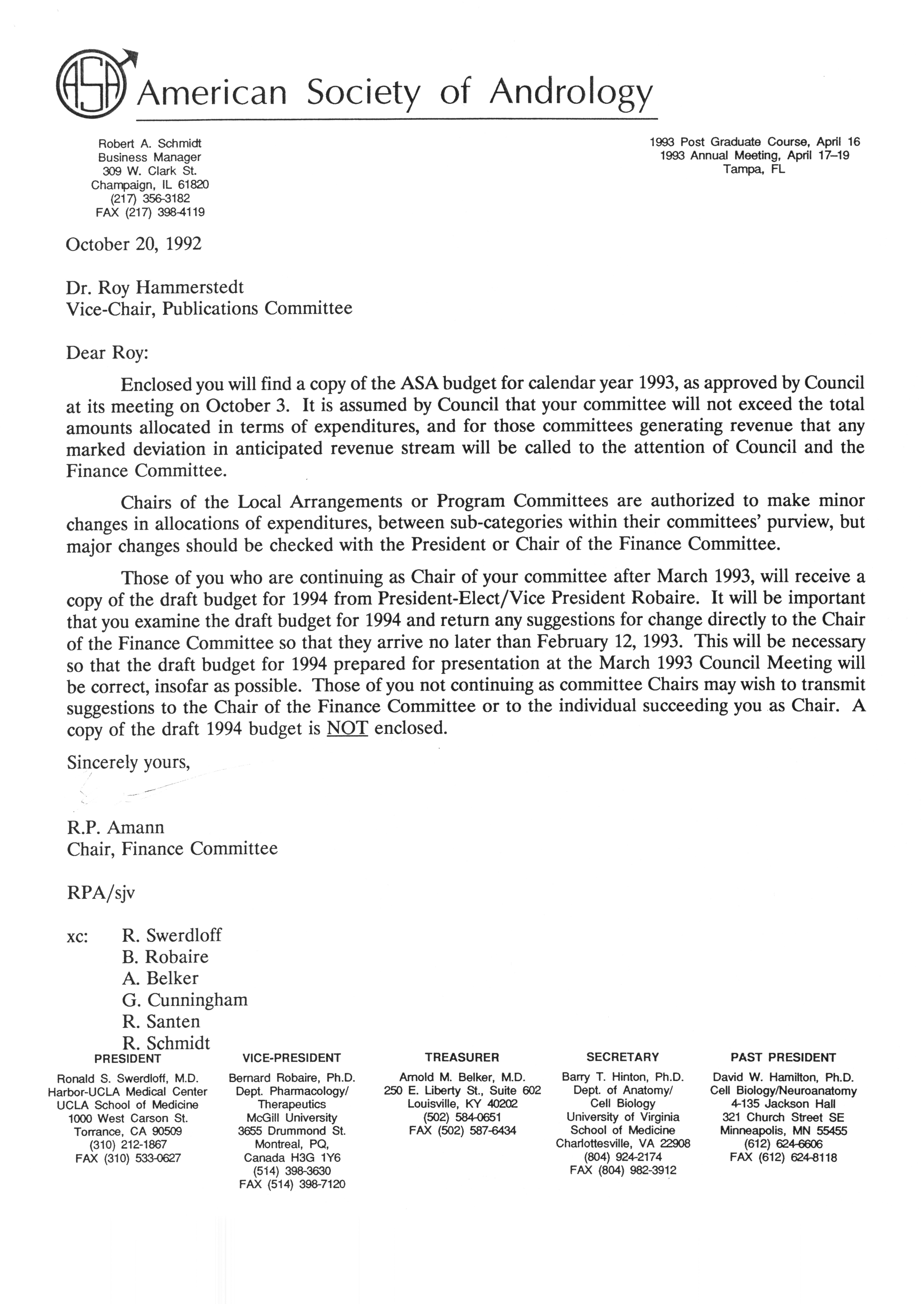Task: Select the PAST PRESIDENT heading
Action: pyautogui.click(x=783, y=1057)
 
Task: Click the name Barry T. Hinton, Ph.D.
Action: pyautogui.click(x=622, y=1077)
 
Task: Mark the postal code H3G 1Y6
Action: pyautogui.click(x=317, y=1157)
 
